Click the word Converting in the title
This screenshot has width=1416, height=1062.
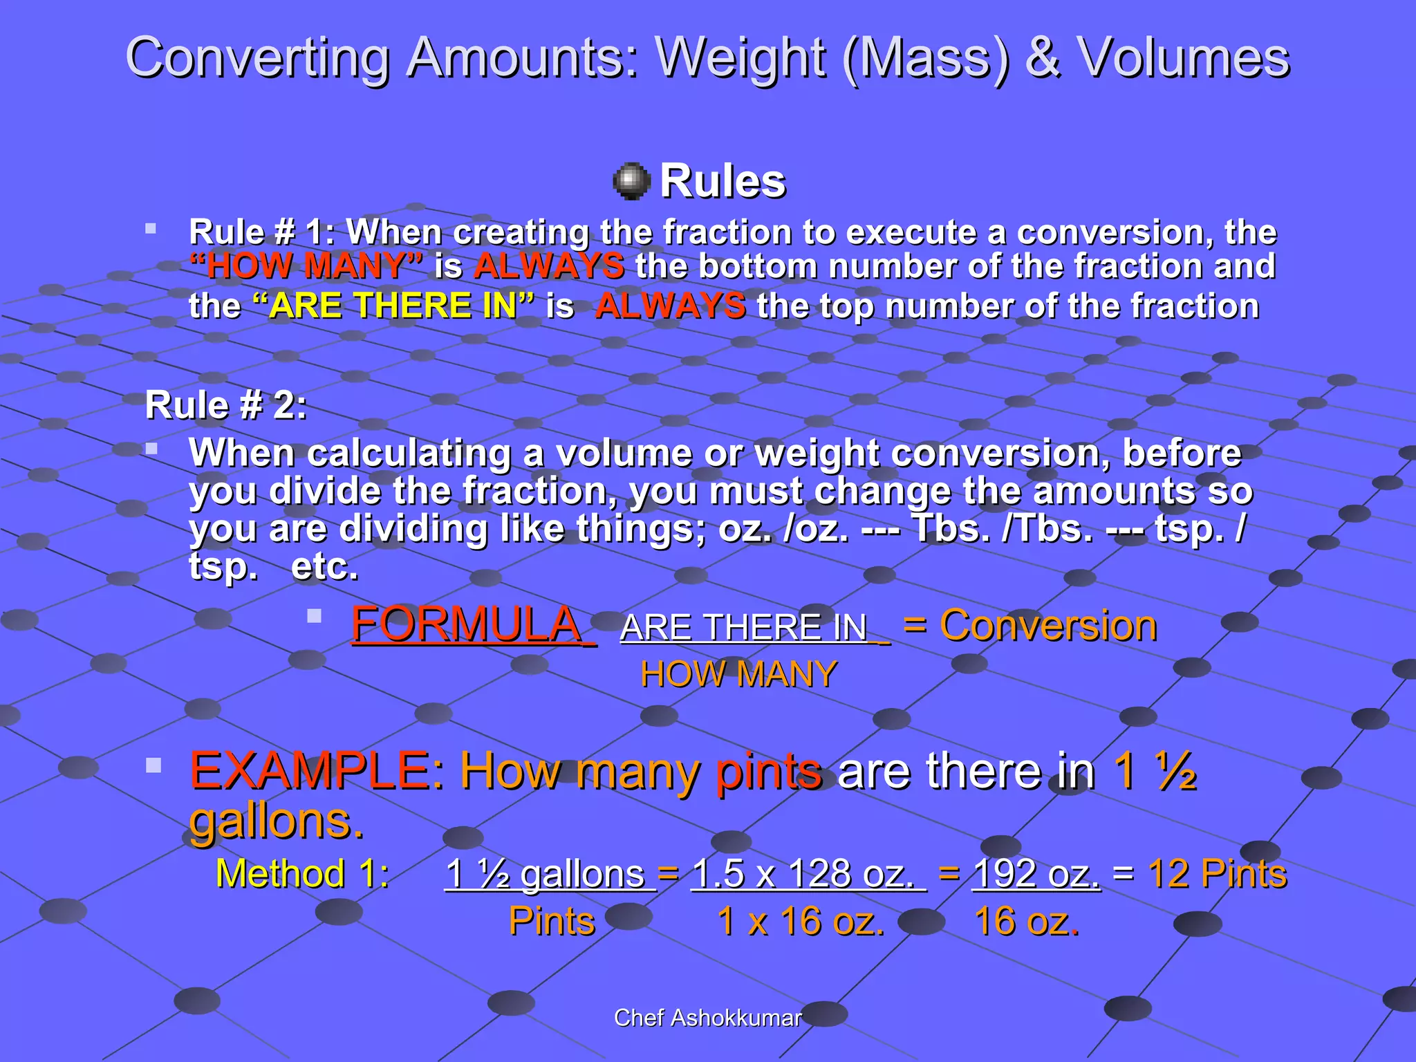point(257,59)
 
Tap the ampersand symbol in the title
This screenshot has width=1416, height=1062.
point(1043,57)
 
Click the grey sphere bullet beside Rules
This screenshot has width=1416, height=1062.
point(631,182)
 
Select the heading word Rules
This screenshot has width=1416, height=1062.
point(723,181)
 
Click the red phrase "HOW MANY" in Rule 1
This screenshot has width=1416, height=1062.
point(306,266)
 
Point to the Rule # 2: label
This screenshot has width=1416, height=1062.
point(225,405)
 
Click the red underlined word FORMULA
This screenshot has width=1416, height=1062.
point(468,624)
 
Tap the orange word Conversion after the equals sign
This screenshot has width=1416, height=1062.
point(1047,626)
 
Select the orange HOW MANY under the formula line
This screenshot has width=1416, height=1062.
point(738,674)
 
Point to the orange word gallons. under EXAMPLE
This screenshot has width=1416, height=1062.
point(277,821)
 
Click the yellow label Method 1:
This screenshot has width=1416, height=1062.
point(302,873)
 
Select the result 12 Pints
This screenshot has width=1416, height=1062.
point(1217,873)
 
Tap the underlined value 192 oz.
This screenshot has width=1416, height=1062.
point(1036,873)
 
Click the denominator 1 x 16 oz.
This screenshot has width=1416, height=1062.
point(801,922)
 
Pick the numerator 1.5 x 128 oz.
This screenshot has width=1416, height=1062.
point(808,873)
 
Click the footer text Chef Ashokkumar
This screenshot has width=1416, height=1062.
point(707,1018)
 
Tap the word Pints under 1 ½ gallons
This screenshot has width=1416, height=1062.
point(552,922)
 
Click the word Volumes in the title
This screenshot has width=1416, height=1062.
point(1184,57)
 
